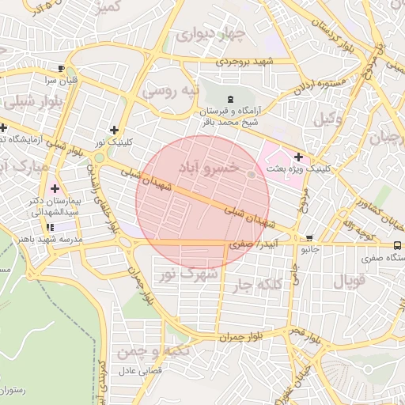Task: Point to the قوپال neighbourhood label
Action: pyautogui.click(x=349, y=280)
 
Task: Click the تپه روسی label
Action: pyautogui.click(x=168, y=90)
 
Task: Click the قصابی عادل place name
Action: pyautogui.click(x=140, y=370)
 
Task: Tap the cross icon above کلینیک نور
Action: pyautogui.click(x=115, y=130)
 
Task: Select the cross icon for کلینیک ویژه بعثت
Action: pyautogui.click(x=298, y=156)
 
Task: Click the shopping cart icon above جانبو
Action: pyautogui.click(x=309, y=237)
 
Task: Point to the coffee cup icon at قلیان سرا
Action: pyautogui.click(x=61, y=68)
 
